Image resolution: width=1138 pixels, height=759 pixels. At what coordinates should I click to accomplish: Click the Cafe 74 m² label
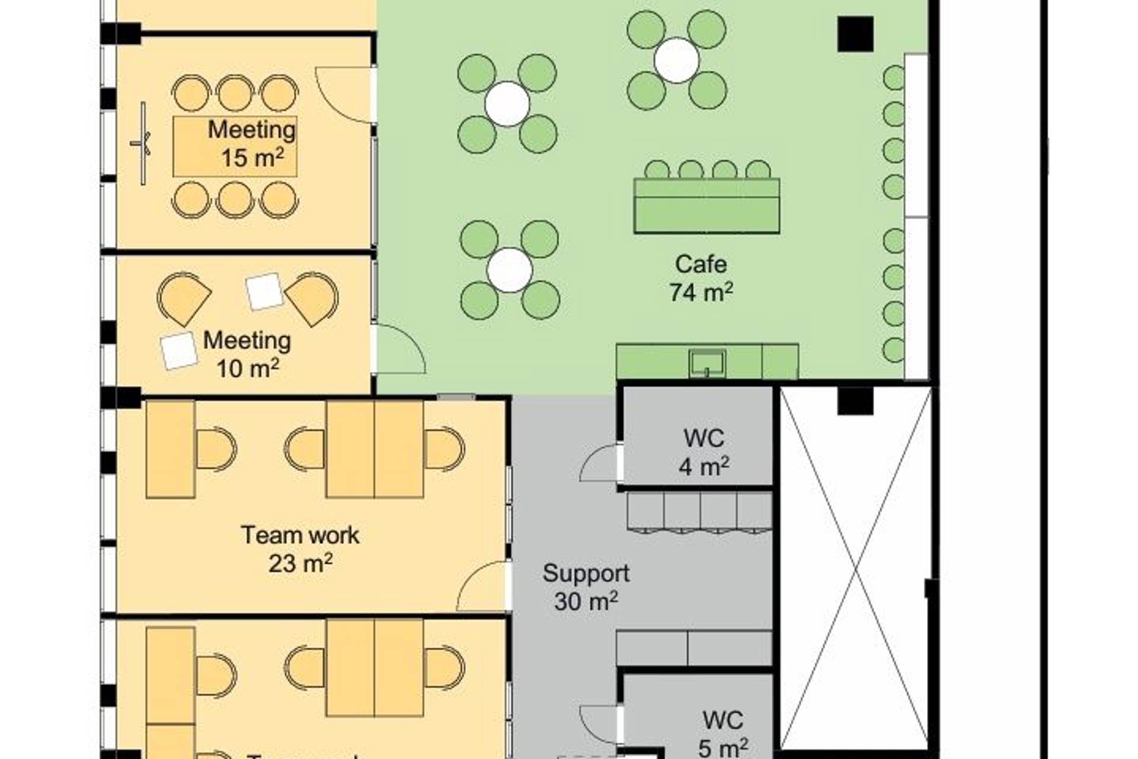click(701, 278)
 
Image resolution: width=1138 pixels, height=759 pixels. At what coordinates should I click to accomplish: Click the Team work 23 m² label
click(300, 549)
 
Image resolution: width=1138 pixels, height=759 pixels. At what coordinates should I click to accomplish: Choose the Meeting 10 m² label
click(247, 354)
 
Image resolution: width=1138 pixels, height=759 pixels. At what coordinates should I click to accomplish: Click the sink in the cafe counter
click(707, 362)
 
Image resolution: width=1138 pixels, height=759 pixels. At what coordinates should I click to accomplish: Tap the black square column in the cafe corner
click(855, 34)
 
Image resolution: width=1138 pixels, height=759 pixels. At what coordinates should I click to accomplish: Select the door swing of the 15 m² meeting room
click(344, 95)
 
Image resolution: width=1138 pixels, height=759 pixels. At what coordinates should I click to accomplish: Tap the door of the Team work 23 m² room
click(483, 587)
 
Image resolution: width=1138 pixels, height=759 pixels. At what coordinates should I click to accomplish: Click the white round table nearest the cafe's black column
click(676, 60)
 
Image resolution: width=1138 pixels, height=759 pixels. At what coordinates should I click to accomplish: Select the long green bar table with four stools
click(707, 206)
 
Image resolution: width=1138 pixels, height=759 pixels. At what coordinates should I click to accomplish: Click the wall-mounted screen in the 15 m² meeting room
click(143, 143)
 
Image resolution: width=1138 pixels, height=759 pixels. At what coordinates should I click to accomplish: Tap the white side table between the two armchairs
click(264, 291)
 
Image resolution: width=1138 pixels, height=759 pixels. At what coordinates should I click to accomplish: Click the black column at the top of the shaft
click(855, 401)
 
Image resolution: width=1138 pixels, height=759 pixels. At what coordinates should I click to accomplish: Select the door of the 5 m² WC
click(600, 725)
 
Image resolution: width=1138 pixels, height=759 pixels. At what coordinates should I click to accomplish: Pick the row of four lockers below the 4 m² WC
click(699, 511)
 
